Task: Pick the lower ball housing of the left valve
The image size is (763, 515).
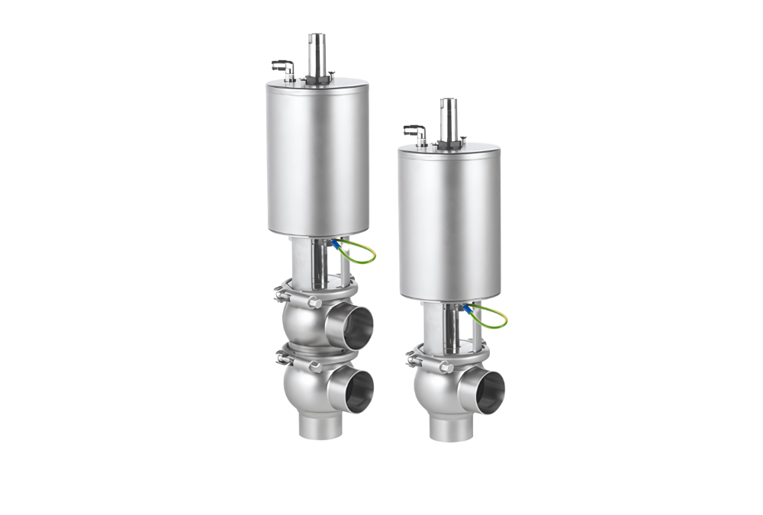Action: [305, 385]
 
